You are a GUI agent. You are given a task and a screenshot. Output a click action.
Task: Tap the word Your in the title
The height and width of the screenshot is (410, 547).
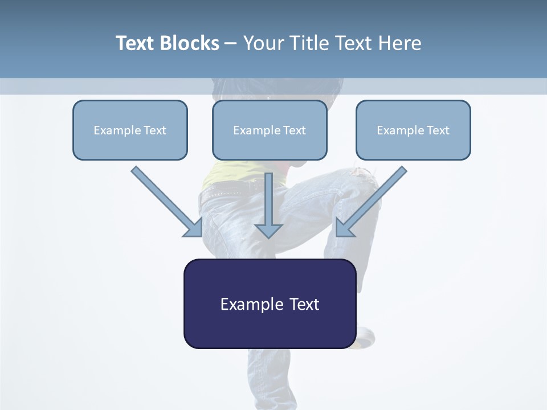tap(264, 43)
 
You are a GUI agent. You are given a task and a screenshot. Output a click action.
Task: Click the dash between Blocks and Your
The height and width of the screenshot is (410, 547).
tap(231, 44)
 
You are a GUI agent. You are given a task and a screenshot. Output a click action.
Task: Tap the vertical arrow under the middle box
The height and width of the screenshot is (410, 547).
tap(268, 205)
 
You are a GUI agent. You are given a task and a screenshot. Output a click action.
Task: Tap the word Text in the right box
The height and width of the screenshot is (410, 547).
tap(438, 130)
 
